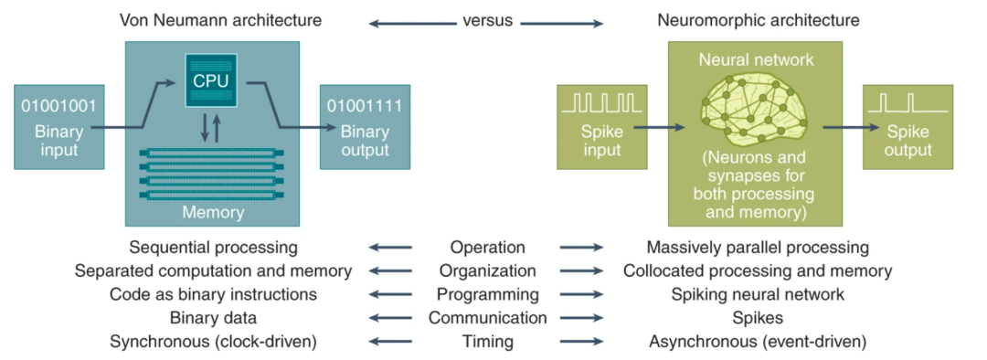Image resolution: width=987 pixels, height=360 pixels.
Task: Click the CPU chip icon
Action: [211, 79]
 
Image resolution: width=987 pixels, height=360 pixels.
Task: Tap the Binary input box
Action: [59, 126]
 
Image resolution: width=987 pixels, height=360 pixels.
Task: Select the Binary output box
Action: [365, 126]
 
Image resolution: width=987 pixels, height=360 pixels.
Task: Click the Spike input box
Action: [601, 126]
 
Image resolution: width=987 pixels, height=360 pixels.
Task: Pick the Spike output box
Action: [907, 126]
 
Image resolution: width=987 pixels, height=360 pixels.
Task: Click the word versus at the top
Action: [487, 20]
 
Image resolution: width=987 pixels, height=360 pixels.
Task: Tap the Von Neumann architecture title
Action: [221, 20]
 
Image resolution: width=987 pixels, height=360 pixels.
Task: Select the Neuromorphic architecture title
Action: [759, 20]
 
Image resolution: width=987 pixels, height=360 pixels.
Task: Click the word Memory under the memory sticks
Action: [213, 212]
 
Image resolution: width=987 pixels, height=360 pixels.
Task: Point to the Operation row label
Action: [487, 248]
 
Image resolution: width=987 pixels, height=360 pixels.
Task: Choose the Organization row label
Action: [487, 271]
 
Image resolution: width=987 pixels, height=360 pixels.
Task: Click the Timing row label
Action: [487, 343]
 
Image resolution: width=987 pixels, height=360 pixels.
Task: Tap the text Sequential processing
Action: [212, 248]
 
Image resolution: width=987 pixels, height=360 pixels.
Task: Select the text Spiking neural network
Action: [758, 294]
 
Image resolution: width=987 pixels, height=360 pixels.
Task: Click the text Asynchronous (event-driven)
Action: [758, 343]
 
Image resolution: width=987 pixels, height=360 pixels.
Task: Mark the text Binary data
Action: [213, 319]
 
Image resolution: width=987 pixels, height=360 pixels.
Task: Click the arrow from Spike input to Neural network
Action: [659, 128]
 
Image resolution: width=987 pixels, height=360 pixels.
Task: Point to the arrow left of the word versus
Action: [411, 24]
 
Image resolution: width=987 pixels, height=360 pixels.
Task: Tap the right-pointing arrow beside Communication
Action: [581, 319]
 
